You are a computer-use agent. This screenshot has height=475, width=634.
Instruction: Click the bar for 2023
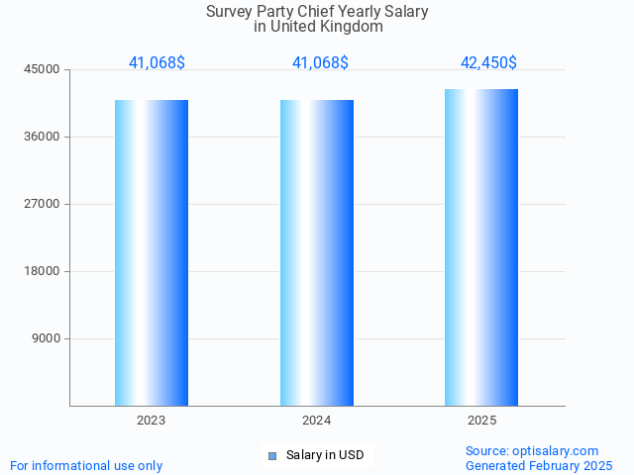tap(152, 252)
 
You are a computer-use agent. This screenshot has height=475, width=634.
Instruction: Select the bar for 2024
tap(317, 252)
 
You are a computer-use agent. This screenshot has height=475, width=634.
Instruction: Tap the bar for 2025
tap(481, 247)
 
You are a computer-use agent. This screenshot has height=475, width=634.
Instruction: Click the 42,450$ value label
tap(488, 62)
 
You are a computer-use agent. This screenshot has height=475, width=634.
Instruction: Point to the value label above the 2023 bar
tap(157, 62)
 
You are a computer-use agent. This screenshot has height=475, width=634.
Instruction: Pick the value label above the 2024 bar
tap(320, 62)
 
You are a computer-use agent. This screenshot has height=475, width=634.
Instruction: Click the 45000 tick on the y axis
tap(43, 69)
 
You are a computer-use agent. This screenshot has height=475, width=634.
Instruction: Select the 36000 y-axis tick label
tap(43, 137)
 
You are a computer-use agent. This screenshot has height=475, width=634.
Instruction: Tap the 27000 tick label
tap(43, 204)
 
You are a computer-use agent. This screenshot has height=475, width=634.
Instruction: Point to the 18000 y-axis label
tap(43, 271)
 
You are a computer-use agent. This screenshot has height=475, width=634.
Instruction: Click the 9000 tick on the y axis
tap(47, 338)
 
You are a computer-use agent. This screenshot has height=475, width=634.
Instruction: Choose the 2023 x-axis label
tap(152, 421)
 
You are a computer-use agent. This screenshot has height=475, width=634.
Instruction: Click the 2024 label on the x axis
tap(317, 421)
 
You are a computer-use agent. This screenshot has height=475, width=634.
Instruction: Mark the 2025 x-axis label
tap(481, 421)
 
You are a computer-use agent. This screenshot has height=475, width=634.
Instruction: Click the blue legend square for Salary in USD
tap(272, 455)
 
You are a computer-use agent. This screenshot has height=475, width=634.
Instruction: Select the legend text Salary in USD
tap(325, 455)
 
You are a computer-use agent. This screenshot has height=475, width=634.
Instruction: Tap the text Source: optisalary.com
tap(532, 450)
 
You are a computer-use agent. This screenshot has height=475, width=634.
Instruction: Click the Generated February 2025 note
tap(539, 465)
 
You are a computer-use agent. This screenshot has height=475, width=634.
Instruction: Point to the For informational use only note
tap(86, 465)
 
